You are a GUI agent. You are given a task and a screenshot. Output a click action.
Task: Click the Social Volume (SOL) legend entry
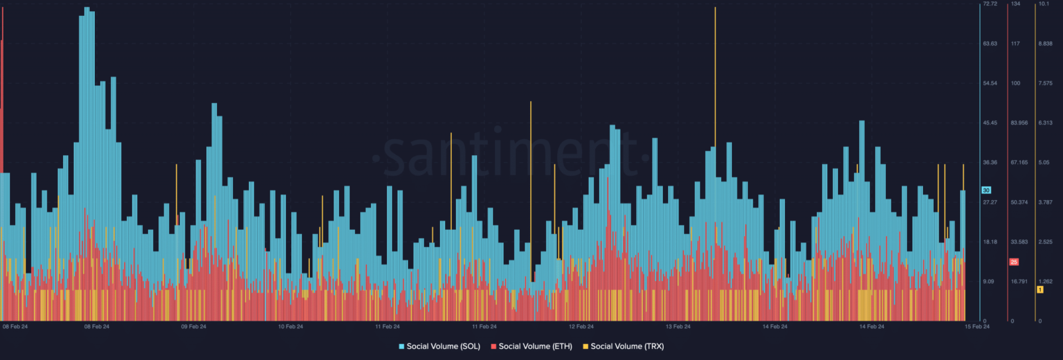(439, 345)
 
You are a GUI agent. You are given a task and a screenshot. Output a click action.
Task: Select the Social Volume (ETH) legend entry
(531, 345)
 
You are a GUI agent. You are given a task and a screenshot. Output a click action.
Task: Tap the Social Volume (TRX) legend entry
(623, 345)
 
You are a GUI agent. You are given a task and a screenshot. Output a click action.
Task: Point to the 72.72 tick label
(990, 4)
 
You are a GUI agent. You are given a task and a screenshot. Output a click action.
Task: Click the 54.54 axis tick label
(990, 83)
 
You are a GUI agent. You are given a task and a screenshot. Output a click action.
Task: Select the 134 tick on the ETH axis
(1015, 4)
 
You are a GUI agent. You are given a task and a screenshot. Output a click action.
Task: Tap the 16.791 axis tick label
(1019, 281)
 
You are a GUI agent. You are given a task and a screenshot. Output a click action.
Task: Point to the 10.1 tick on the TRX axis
(1044, 4)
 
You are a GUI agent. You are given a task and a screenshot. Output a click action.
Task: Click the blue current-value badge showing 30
(986, 190)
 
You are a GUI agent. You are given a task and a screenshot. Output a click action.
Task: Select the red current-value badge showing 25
(1014, 262)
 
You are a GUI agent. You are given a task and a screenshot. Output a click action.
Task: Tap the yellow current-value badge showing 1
(1039, 289)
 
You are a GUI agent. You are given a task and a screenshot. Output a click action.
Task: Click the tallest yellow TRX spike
(715, 69)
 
